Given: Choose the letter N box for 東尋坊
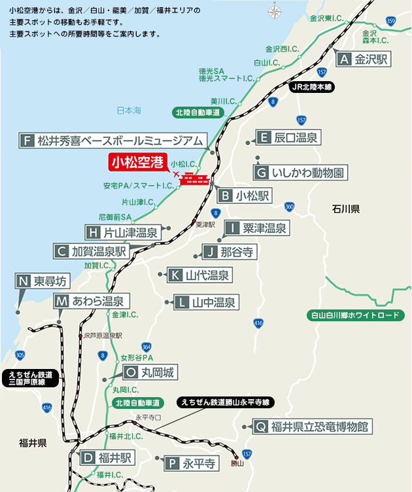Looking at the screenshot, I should (x=24, y=281).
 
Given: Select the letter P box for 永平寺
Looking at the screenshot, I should (x=171, y=464).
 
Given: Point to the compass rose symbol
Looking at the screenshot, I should (x=273, y=12).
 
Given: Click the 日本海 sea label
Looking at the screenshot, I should (x=128, y=111).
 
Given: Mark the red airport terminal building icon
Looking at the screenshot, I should (x=194, y=179).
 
